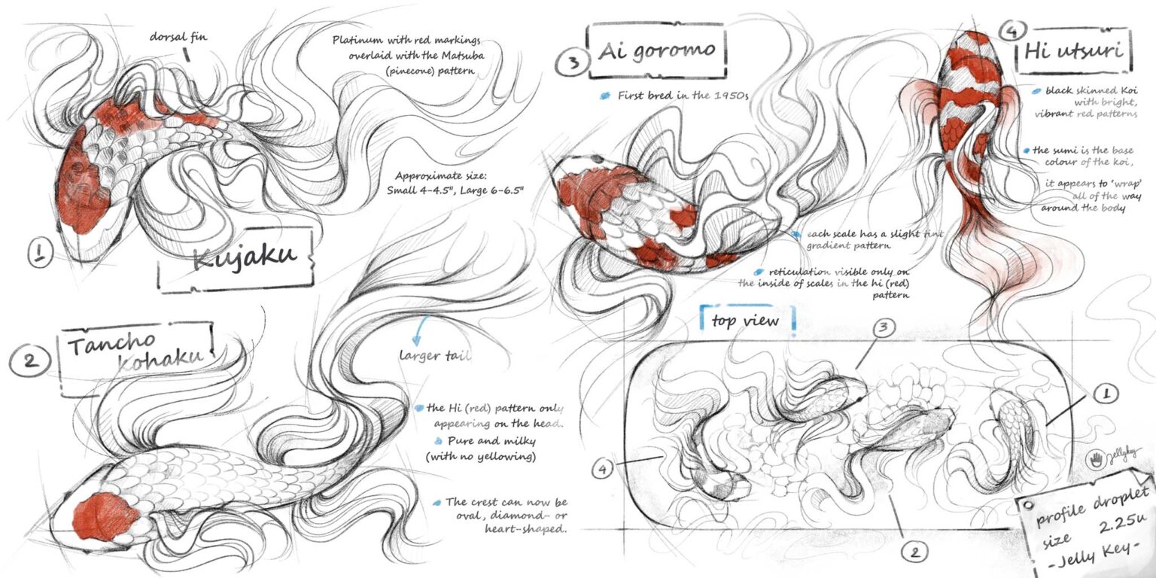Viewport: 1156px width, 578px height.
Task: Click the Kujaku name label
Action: tap(236, 259)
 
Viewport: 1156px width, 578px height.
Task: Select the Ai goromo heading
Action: tap(656, 50)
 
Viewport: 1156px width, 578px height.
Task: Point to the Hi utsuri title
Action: tap(1074, 51)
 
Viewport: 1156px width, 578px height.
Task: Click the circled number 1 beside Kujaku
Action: tap(40, 254)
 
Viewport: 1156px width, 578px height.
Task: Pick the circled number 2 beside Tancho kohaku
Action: tap(30, 360)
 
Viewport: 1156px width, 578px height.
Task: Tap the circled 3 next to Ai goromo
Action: tap(572, 62)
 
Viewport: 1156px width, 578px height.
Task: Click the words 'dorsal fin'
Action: tap(178, 37)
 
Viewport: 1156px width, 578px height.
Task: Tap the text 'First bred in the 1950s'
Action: tap(683, 96)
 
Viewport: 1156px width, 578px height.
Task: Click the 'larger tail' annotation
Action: tap(434, 355)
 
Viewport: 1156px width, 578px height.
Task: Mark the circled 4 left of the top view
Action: tap(602, 469)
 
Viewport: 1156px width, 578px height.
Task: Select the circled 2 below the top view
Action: tap(914, 552)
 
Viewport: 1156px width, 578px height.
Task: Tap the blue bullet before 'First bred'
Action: tap(605, 96)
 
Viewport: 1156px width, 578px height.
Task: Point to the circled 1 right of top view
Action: tap(1105, 394)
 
